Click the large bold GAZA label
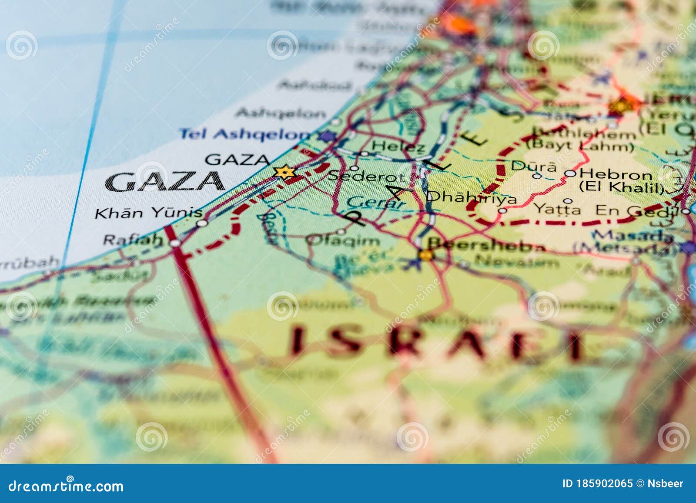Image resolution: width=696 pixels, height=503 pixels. click(164, 182)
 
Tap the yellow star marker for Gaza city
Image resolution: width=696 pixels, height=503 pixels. click(285, 172)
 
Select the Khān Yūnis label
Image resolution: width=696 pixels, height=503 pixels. click(148, 213)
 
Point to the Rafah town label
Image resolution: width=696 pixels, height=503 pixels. click(132, 239)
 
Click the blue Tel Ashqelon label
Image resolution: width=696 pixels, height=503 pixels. click(245, 133)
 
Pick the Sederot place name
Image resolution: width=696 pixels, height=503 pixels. click(366, 177)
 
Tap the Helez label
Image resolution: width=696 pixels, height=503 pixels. click(398, 147)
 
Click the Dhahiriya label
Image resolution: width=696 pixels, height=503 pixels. click(472, 197)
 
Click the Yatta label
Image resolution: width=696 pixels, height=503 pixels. click(557, 209)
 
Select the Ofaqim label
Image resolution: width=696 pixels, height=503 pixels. click(343, 240)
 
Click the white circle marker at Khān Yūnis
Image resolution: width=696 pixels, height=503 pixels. click(202, 223)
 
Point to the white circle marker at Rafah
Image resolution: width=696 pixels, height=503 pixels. click(175, 243)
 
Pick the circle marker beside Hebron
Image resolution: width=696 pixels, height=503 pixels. click(570, 174)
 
